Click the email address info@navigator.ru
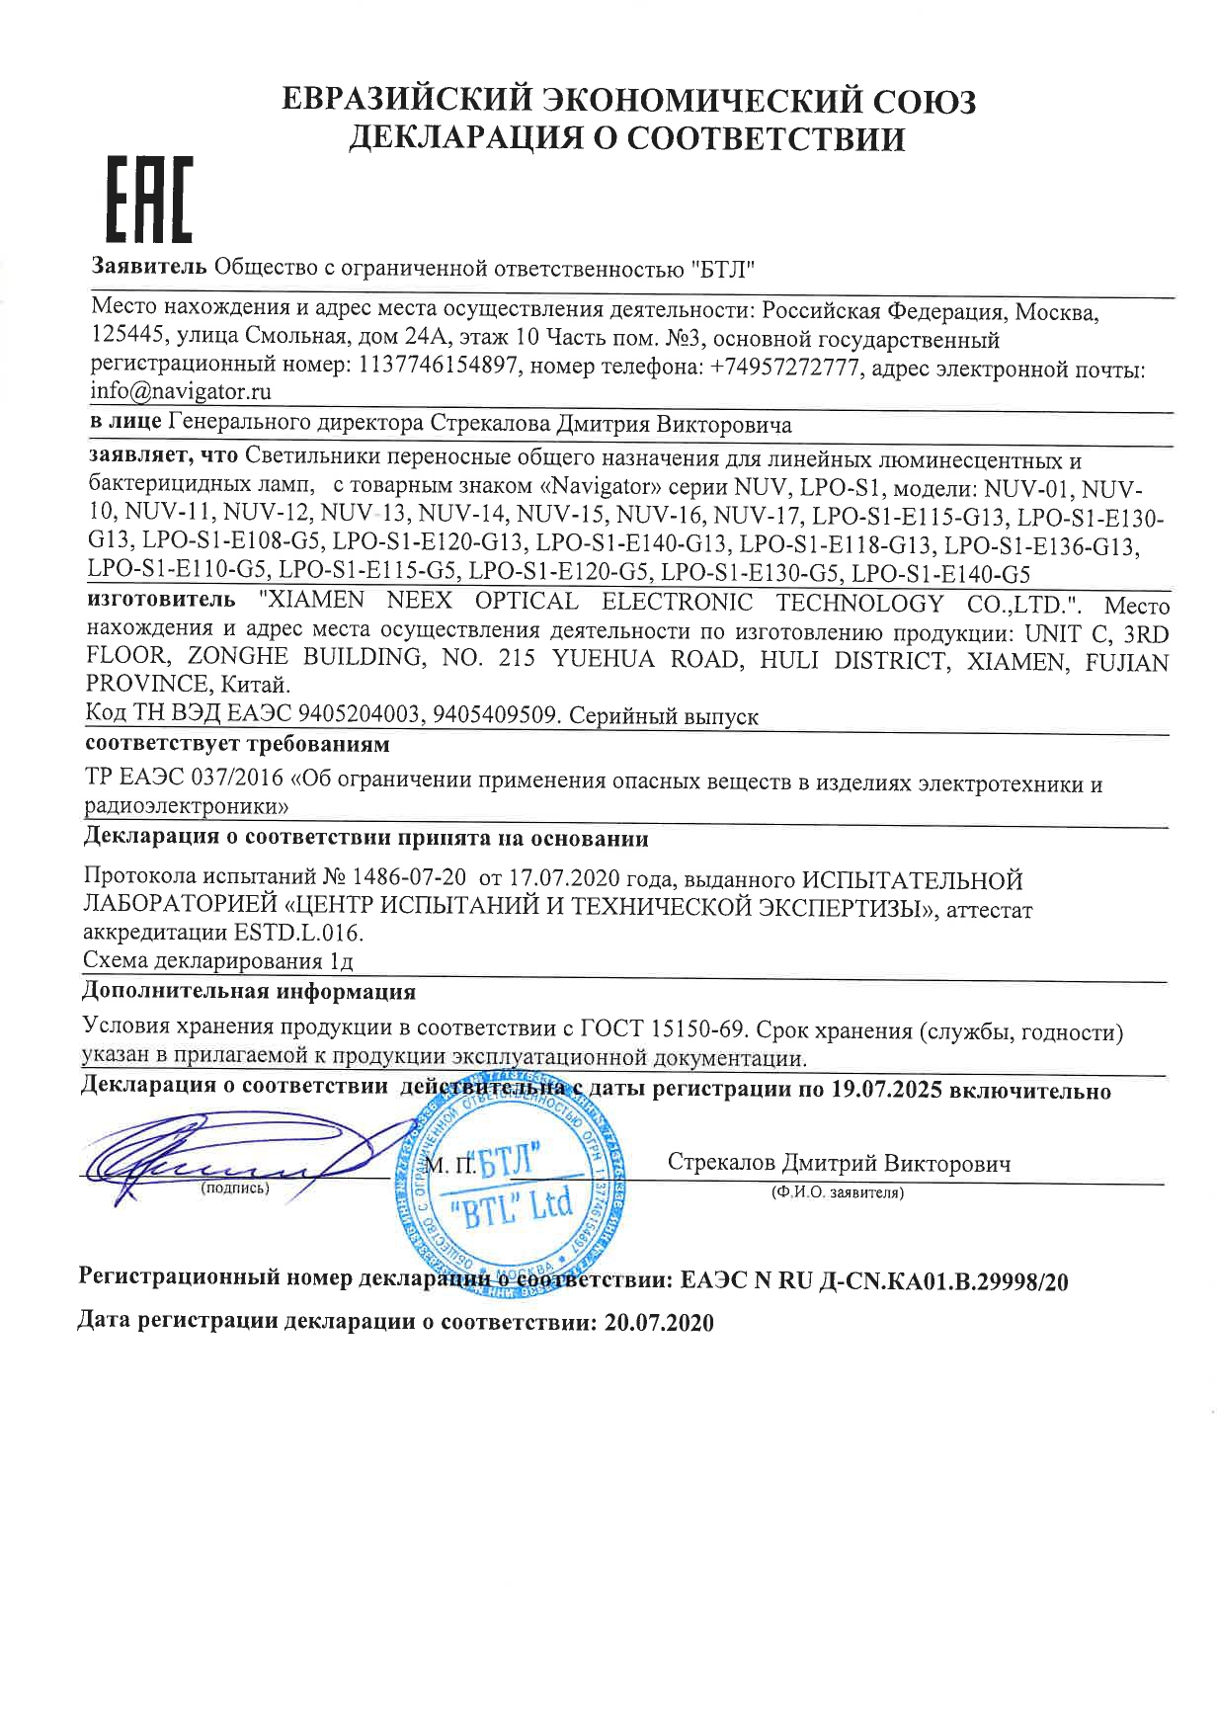point(181,391)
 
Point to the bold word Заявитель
point(149,267)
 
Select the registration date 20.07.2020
point(657,1323)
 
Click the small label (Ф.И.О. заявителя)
point(838,1193)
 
